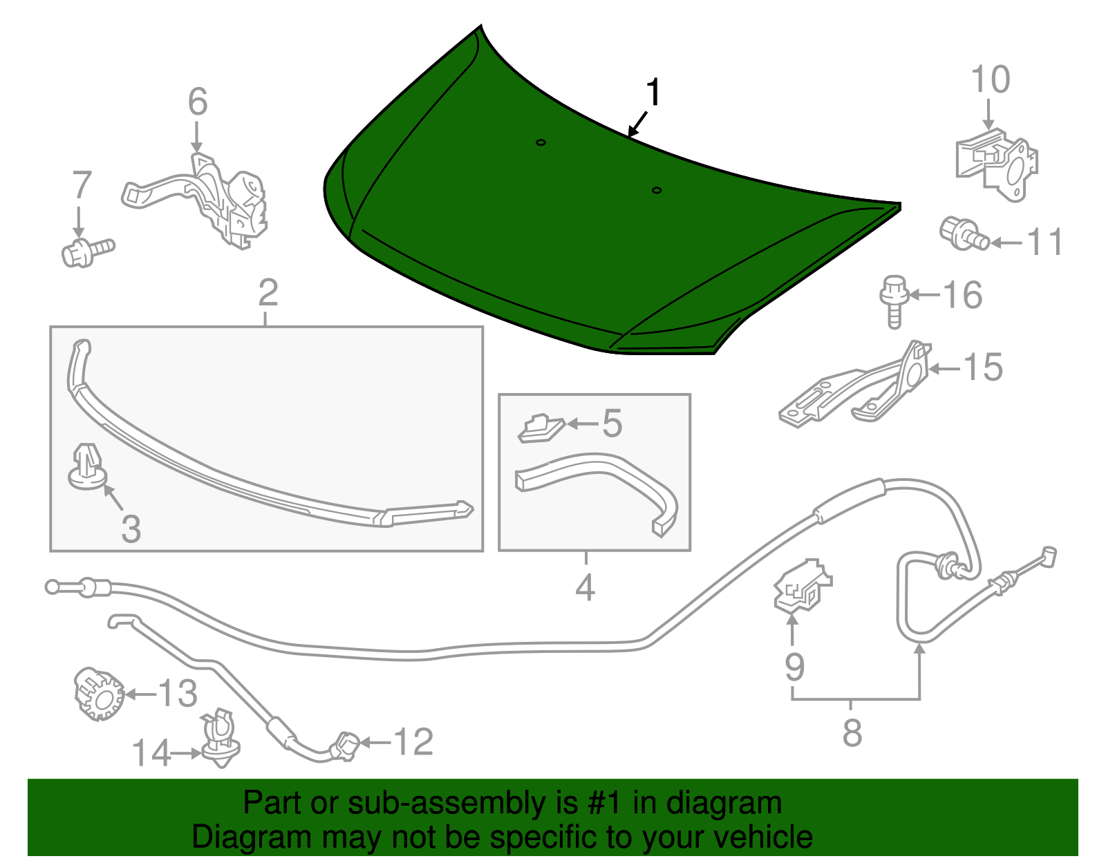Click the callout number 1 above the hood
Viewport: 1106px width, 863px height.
pyautogui.click(x=653, y=93)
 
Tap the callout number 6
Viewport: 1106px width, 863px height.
pyautogui.click(x=198, y=102)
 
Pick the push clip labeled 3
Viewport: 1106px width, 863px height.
pyautogui.click(x=88, y=467)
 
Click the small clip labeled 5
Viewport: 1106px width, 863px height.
pyautogui.click(x=541, y=428)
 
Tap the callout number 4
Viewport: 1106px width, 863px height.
pyautogui.click(x=585, y=588)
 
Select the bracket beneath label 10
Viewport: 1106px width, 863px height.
pyautogui.click(x=997, y=165)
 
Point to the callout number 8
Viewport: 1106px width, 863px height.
pyautogui.click(x=852, y=733)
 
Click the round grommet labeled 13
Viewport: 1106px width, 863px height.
pyautogui.click(x=100, y=694)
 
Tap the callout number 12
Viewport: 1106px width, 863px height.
pyautogui.click(x=413, y=742)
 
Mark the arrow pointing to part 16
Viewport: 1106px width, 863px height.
pyautogui.click(x=924, y=294)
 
